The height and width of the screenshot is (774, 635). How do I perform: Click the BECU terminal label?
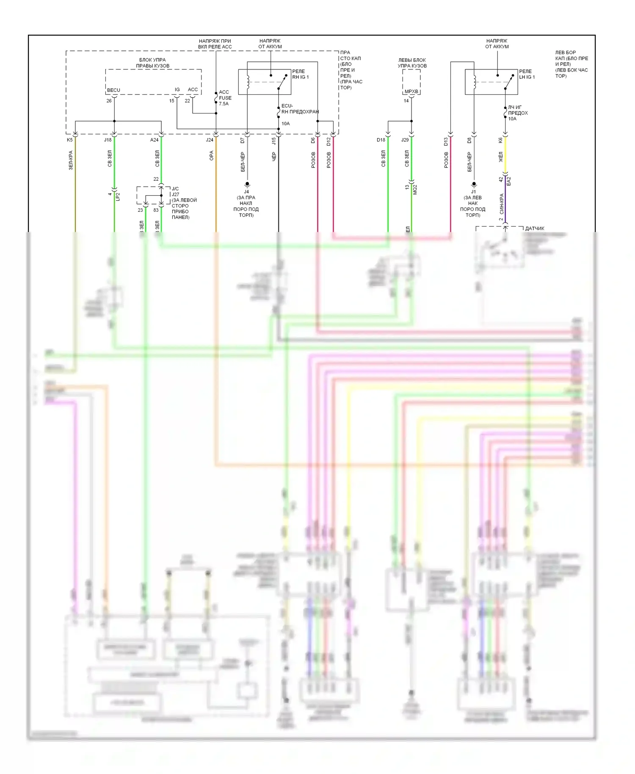tap(113, 90)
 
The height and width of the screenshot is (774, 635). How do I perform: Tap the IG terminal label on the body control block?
tap(177, 90)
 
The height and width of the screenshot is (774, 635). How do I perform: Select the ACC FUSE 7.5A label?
tap(225, 98)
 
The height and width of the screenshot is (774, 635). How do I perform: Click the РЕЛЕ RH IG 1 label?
tap(300, 74)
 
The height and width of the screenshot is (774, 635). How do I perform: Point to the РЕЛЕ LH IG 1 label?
tap(527, 74)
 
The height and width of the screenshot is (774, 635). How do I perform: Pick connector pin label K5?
tap(70, 140)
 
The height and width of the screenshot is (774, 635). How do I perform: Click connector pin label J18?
tap(108, 140)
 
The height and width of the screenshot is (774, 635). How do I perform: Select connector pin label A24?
tap(154, 140)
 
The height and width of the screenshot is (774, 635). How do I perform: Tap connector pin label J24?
tap(210, 140)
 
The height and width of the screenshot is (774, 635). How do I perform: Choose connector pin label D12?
tap(329, 141)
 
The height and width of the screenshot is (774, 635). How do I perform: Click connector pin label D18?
tap(381, 140)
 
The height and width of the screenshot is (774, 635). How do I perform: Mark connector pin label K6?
tap(500, 140)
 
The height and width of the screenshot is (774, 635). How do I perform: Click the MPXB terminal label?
tap(411, 91)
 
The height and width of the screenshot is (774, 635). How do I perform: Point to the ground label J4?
tap(246, 192)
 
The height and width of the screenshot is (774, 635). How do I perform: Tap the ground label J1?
tap(473, 192)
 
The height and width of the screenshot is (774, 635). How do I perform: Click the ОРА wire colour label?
tap(211, 156)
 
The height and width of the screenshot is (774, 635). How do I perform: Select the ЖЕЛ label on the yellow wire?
tap(501, 157)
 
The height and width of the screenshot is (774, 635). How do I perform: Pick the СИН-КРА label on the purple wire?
tap(502, 204)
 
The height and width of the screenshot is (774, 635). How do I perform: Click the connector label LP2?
tap(118, 196)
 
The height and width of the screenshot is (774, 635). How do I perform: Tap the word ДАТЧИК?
tap(534, 229)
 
